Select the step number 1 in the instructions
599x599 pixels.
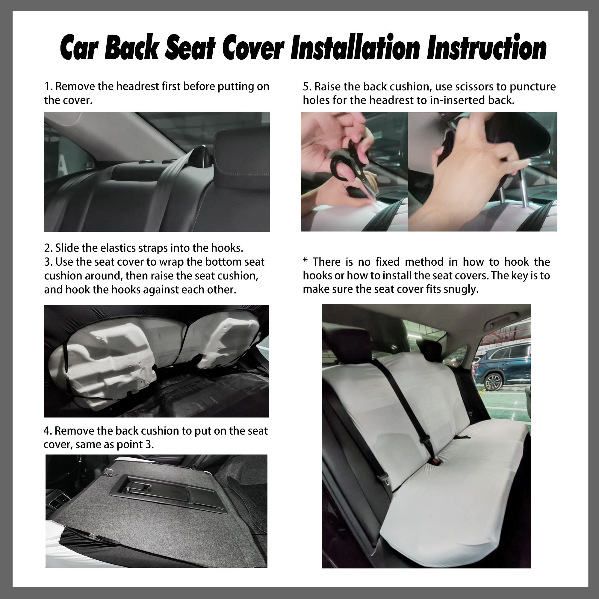tap(47, 87)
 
